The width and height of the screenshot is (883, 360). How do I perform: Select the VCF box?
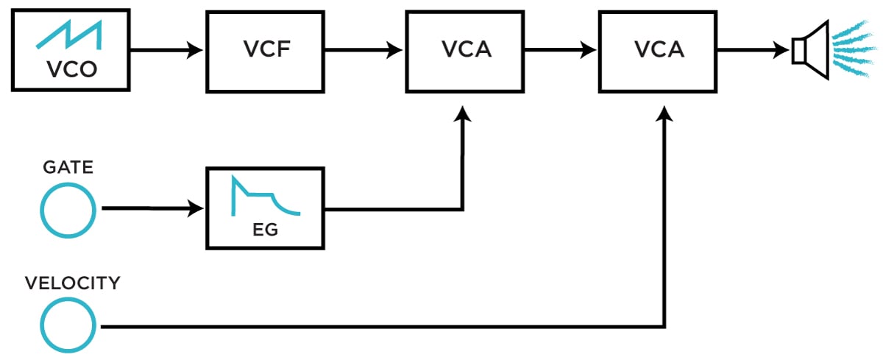click(x=265, y=50)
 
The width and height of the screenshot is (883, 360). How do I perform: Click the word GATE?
click(x=67, y=167)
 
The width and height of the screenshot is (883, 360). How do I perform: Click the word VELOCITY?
click(x=72, y=283)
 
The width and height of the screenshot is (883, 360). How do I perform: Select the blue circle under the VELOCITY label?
click(x=68, y=325)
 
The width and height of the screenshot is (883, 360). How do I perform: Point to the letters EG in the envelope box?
click(x=264, y=230)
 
